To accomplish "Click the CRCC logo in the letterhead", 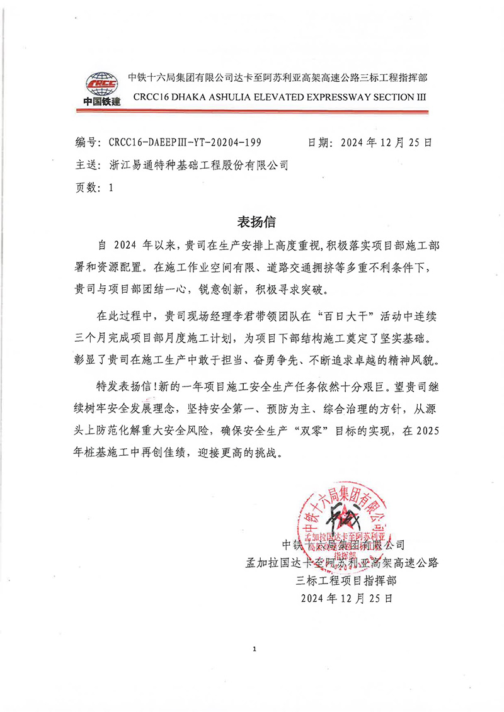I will [101, 87].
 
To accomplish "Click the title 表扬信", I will [256, 222].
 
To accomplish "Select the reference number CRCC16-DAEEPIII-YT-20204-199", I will [185, 143].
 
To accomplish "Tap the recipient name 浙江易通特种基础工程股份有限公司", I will [198, 166].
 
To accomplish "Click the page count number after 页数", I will [112, 188].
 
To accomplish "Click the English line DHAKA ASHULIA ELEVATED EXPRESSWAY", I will [280, 98].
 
